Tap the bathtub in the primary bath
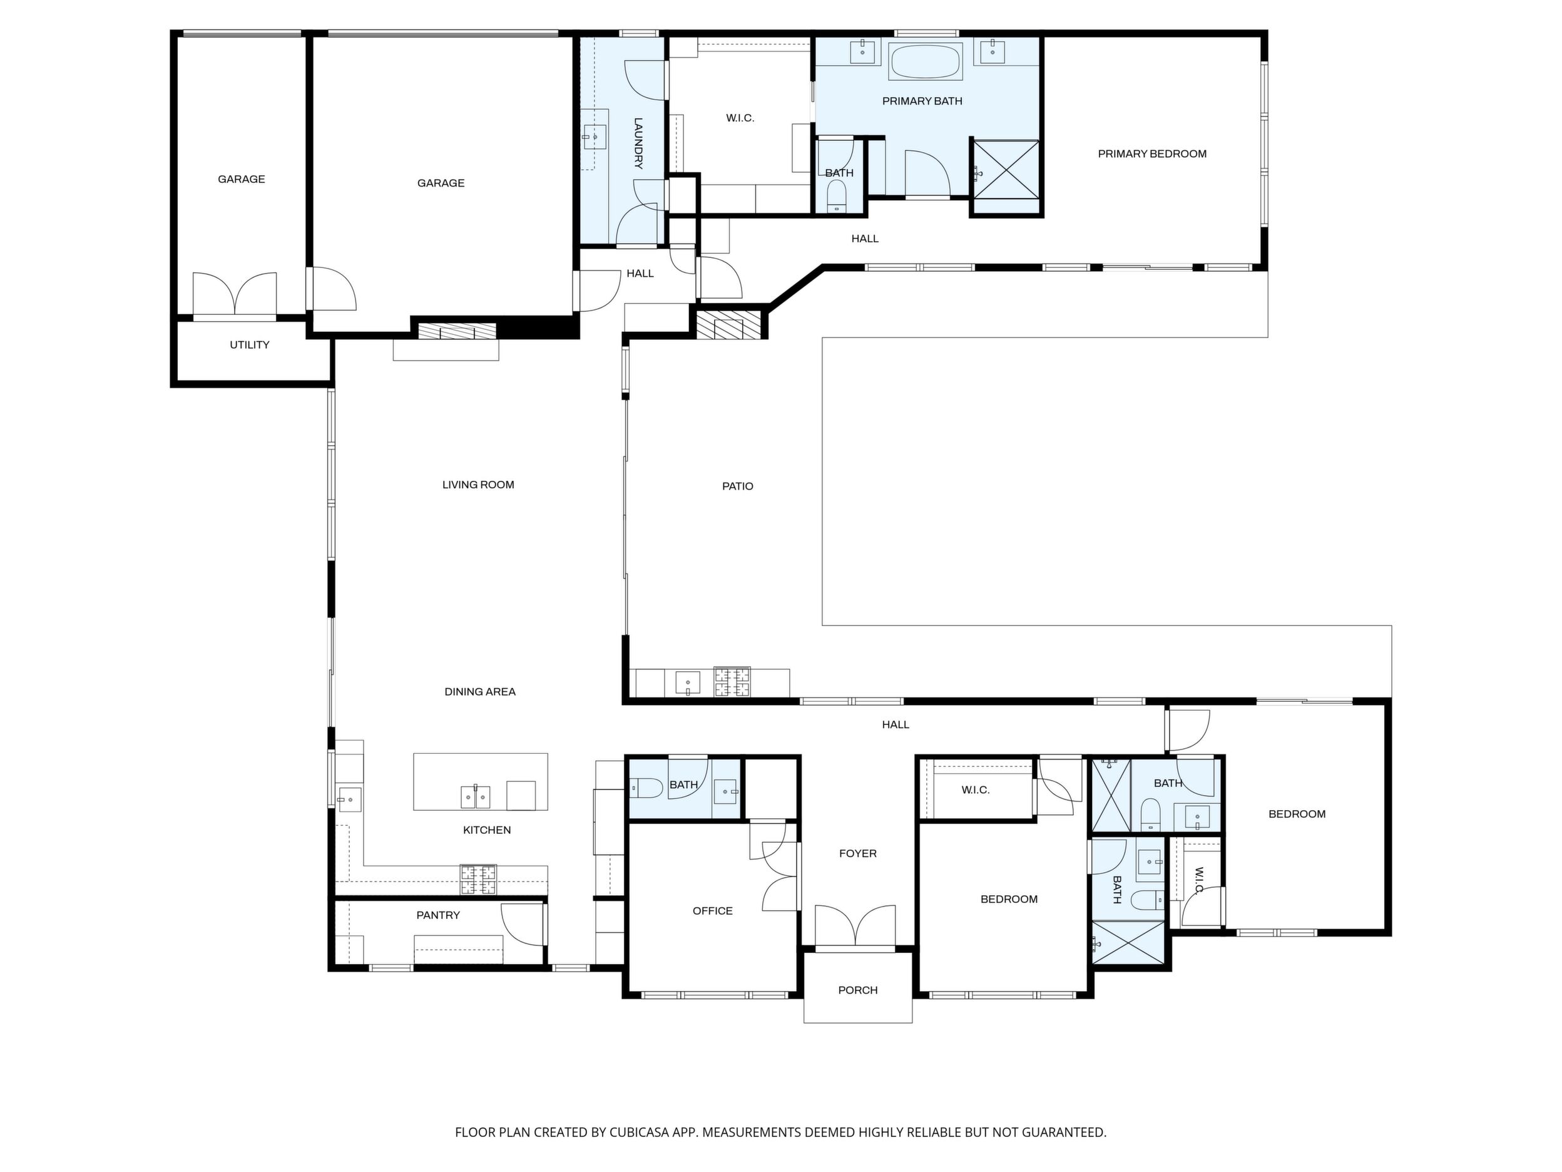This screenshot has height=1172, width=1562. coord(925,62)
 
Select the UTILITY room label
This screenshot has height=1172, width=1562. coord(249,345)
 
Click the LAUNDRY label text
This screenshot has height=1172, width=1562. coord(638,143)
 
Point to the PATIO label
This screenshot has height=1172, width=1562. coord(737,486)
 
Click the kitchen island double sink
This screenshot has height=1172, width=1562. coord(475,797)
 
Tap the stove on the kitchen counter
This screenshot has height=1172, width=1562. coord(478,880)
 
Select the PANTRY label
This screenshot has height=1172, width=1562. coord(438,915)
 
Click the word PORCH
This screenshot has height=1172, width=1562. coord(858,990)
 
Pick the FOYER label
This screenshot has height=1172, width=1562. coord(858,853)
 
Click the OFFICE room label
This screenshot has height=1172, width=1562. coord(713,910)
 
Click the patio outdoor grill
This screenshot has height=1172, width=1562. coord(732,682)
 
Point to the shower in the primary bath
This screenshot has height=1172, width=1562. coord(1006,170)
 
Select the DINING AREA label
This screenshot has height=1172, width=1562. coord(480,692)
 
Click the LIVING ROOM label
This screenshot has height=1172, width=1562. coord(478,485)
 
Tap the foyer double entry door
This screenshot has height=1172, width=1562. coord(855,925)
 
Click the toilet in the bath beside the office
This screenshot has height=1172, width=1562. coord(646,787)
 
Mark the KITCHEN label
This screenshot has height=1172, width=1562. coord(486,830)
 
